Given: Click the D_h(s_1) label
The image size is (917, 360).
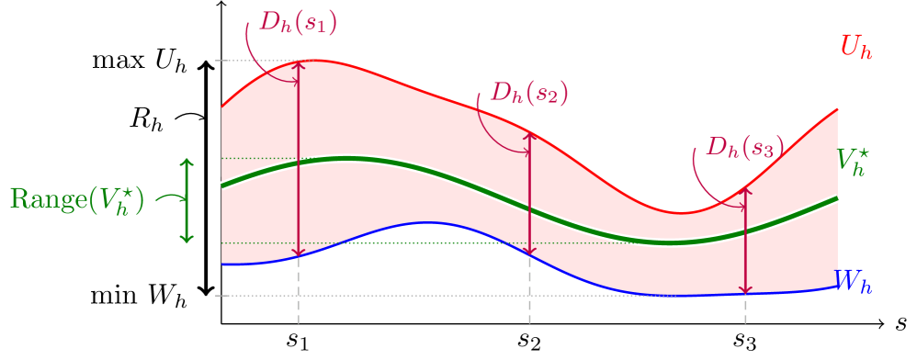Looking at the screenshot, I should click(298, 22).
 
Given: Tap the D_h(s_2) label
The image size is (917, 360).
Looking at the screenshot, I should click(529, 93).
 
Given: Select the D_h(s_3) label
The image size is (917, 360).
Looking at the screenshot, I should click(744, 147).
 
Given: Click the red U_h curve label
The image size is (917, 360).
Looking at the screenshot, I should click(855, 48).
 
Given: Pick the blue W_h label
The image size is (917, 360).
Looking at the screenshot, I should click(853, 281).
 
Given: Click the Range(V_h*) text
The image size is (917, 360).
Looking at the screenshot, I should click(77, 200).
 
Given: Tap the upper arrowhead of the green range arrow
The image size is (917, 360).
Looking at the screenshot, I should click(187, 163).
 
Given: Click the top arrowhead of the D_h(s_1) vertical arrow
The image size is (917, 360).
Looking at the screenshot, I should click(298, 64).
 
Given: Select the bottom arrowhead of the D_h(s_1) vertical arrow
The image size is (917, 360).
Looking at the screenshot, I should click(298, 253).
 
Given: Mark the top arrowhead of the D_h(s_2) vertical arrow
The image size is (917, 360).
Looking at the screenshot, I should click(529, 134).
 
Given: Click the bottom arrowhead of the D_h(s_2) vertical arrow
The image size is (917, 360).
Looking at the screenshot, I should click(529, 253).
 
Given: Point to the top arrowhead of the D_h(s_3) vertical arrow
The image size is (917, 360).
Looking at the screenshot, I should click(745, 190).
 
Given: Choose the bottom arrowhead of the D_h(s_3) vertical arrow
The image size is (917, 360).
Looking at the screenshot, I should click(745, 290).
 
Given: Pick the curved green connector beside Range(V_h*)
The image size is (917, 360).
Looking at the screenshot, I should click(169, 198).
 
